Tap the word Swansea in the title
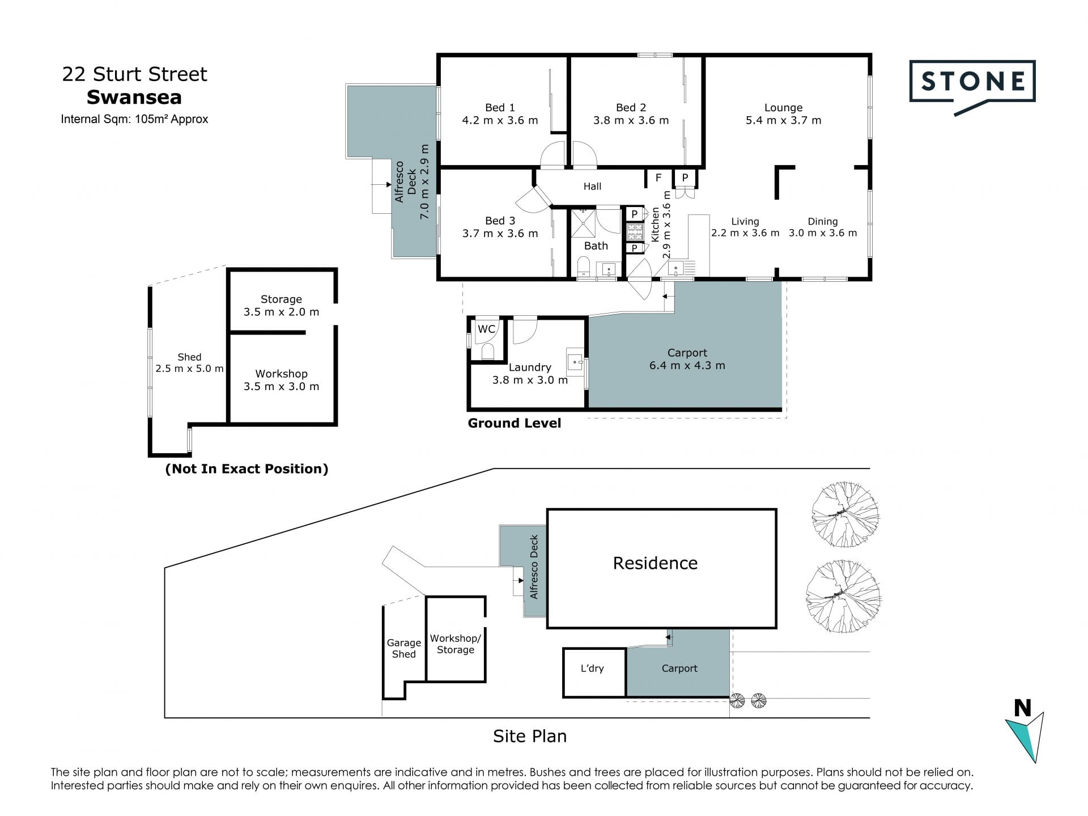134,98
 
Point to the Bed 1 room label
500,107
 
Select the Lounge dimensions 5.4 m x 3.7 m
783,120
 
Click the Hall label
592,186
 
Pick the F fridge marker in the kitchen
658,178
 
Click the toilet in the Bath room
584,267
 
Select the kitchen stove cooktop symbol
635,231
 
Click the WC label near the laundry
486,329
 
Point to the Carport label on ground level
687,353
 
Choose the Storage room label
281,299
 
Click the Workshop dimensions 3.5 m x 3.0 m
281,386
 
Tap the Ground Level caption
514,423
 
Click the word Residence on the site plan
655,563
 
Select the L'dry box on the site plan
594,673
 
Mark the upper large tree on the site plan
845,514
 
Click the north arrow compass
1025,732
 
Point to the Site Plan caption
530,736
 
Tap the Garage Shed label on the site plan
403,648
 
